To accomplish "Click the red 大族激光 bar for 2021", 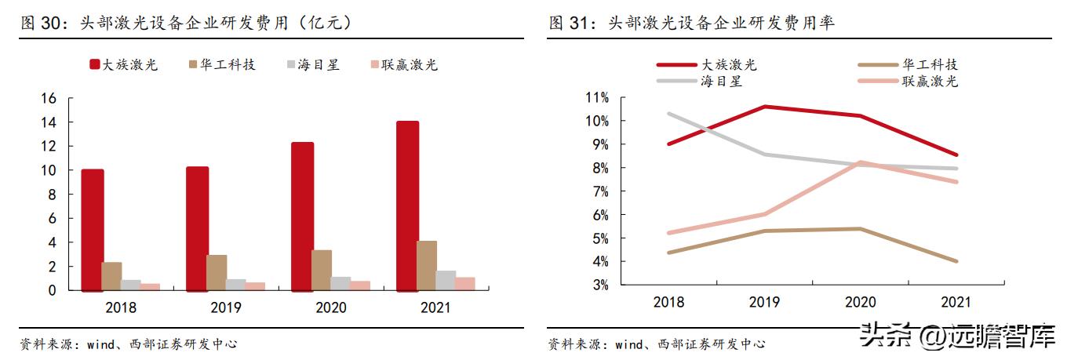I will pos(407,205).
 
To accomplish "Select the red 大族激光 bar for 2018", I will pos(93,230).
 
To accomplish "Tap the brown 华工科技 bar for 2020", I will pos(322,270).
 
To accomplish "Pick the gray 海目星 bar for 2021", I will pos(446,280).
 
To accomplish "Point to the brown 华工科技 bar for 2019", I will pos(217,272).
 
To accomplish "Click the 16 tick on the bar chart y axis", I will pos(49,98).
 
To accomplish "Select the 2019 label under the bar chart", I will pos(226,307).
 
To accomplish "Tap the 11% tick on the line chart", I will pos(597,97).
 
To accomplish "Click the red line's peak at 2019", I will pos(765,107).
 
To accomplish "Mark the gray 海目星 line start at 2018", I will pos(668,113).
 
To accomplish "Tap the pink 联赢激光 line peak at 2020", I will pos(861,162).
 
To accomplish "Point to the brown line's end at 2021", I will pos(957,261).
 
